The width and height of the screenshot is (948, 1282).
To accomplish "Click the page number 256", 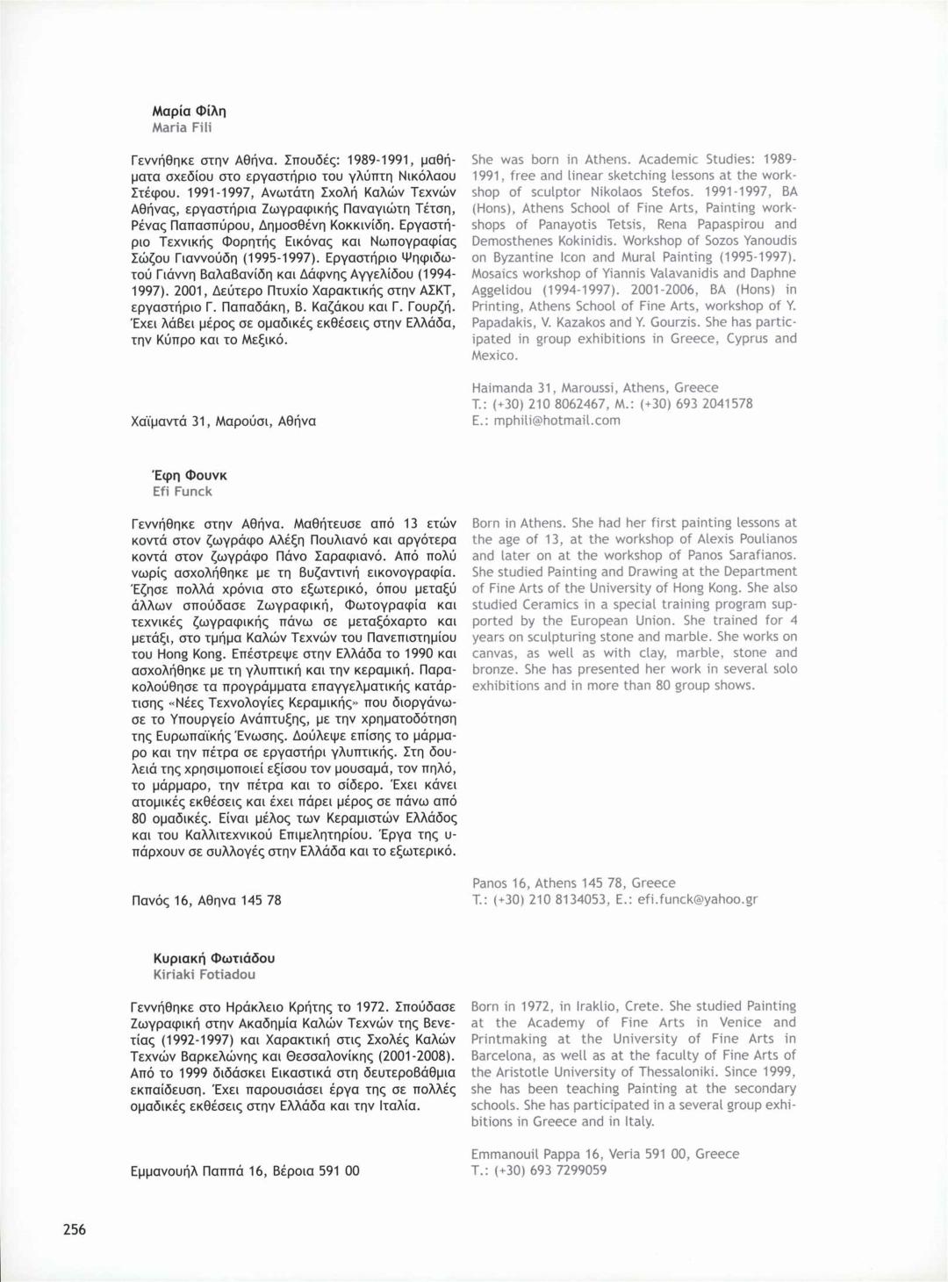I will tap(75, 1229).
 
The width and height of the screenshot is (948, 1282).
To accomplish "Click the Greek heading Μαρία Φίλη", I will tap(189, 111).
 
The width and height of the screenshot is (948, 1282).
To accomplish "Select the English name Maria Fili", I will tap(182, 127).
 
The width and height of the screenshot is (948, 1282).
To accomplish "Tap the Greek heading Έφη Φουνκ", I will tap(190, 475).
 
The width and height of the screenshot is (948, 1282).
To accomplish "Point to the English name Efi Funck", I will tap(183, 492).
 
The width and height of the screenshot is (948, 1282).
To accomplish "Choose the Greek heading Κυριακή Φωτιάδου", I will tap(213, 958).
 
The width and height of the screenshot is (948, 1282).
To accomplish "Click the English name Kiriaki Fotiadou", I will tap(205, 975).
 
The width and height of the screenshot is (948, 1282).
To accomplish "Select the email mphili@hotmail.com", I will tap(557, 421).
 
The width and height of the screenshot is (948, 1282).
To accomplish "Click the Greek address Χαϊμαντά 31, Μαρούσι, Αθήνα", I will tap(223, 421).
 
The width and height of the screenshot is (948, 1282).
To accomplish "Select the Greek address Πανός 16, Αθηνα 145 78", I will tap(206, 900).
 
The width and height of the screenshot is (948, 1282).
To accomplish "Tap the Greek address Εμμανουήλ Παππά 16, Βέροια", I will tap(245, 1170).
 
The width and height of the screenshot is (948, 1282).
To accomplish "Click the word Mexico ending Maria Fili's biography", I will tap(495, 355).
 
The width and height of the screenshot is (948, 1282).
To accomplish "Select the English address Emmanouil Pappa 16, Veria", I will tap(605, 1154).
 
